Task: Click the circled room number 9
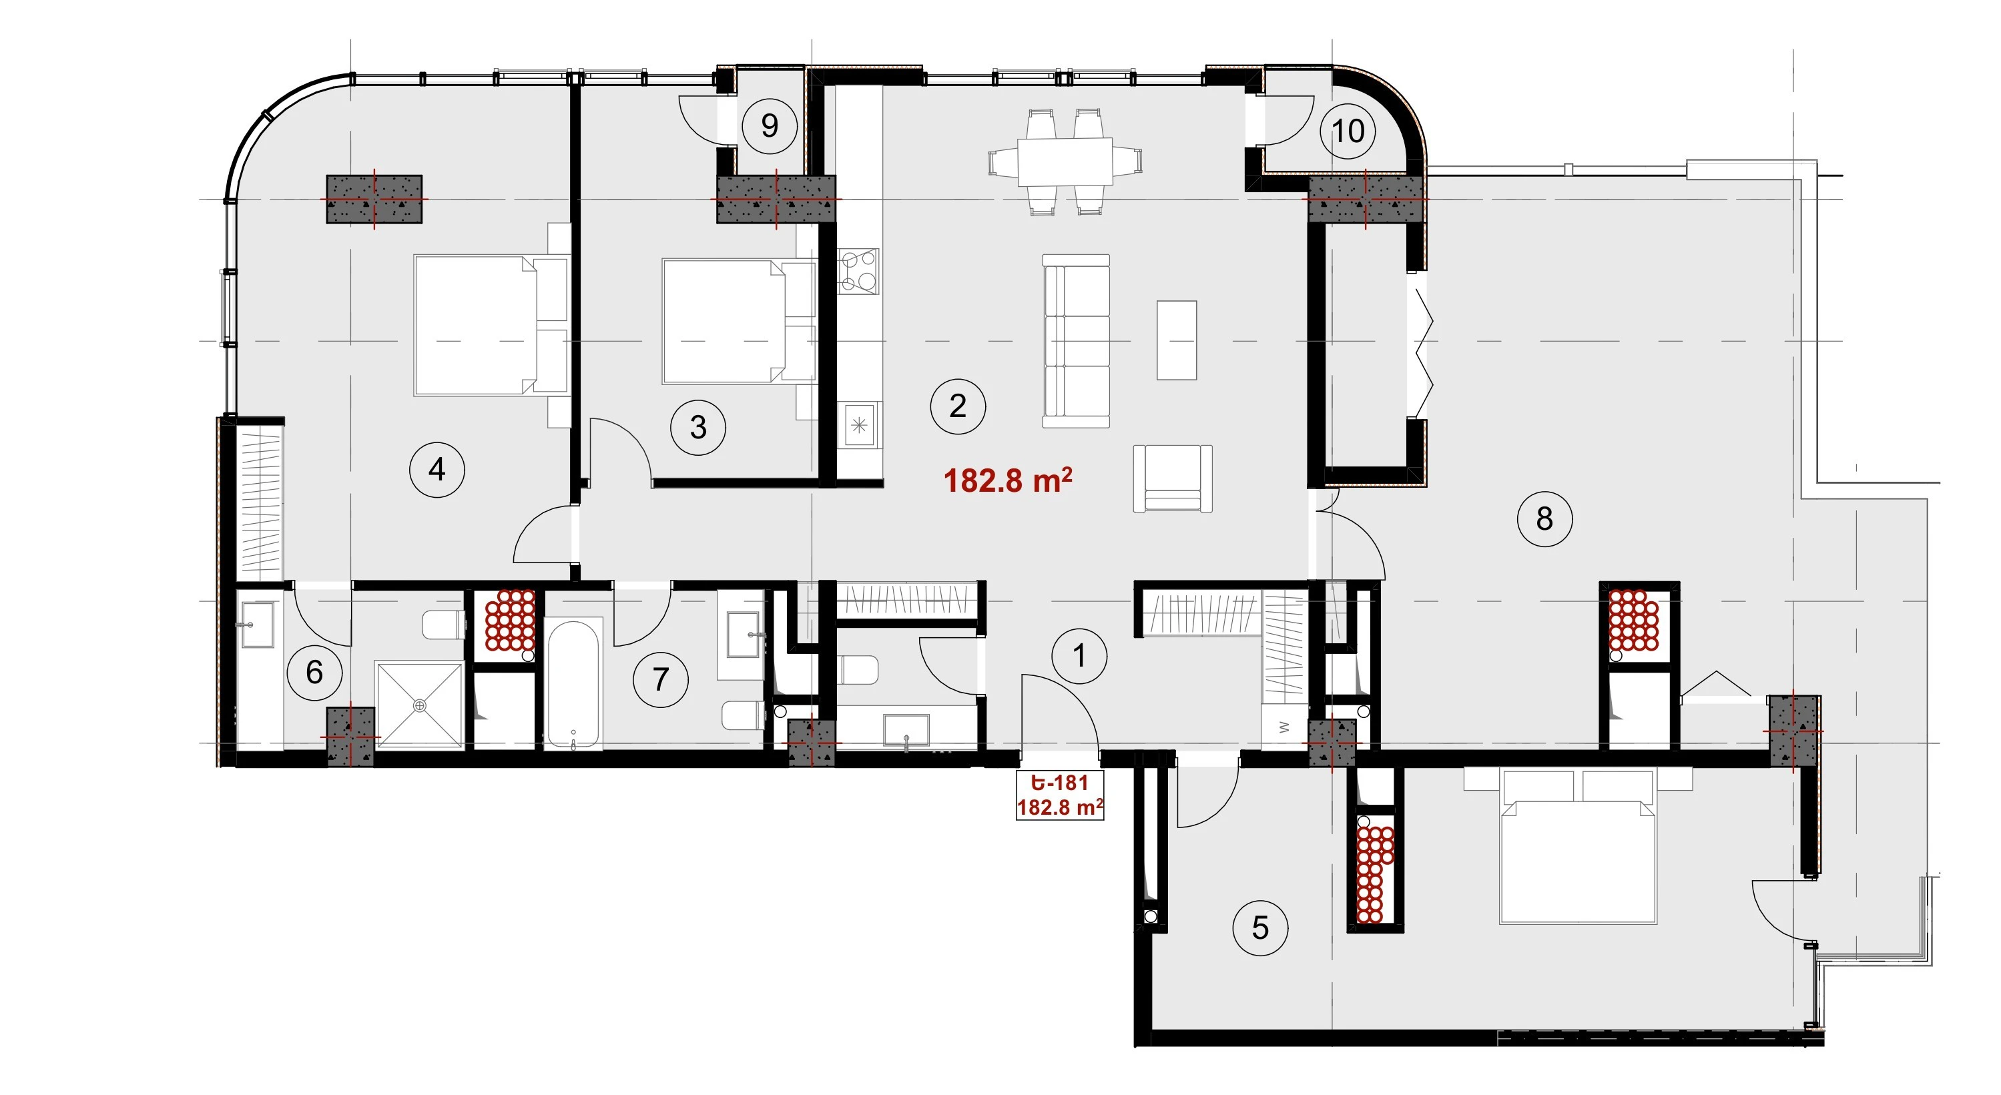tap(769, 125)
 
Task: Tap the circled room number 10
tap(1348, 131)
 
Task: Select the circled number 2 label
tap(958, 406)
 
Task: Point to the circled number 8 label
tap(1544, 518)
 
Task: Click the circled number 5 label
tap(1260, 928)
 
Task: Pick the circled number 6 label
tap(314, 673)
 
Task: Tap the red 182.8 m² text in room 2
tap(1007, 480)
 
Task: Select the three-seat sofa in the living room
tap(1076, 341)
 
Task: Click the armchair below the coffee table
tap(1173, 478)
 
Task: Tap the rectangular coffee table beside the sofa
tap(1176, 340)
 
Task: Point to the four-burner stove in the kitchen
tap(858, 271)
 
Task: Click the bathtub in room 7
tap(573, 683)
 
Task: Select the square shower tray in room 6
tap(419, 705)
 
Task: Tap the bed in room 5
tap(1578, 847)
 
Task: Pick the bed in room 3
tap(739, 322)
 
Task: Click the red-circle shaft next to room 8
tap(1635, 621)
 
